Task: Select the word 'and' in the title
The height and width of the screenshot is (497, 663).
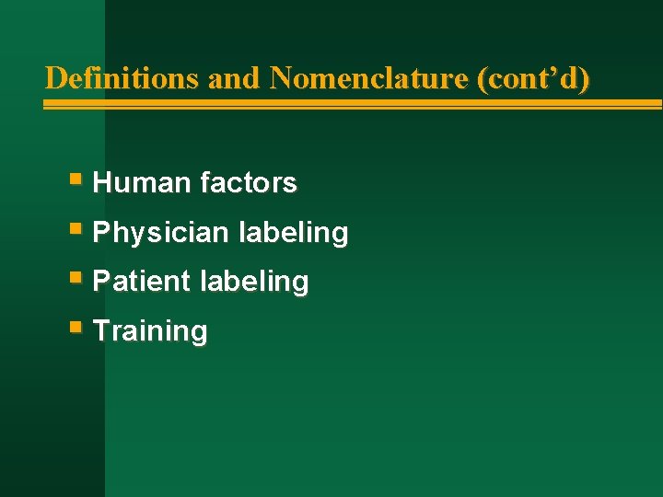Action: [x=235, y=79]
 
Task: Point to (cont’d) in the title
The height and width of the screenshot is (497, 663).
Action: [x=533, y=79]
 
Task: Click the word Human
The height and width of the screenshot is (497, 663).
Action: [x=141, y=183]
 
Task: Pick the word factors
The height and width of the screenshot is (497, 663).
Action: [x=248, y=183]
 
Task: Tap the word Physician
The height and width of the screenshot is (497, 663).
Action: [x=160, y=233]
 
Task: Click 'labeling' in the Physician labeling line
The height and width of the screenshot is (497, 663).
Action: [x=293, y=233]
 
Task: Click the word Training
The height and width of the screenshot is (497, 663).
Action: [x=150, y=331]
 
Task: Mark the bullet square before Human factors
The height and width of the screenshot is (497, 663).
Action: [x=76, y=179]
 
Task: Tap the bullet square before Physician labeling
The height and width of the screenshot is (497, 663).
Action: [x=76, y=227]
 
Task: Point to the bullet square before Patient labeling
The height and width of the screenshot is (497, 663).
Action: [x=76, y=276]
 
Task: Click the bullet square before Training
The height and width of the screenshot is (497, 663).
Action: [x=76, y=325]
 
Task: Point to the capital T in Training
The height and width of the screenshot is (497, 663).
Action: [x=101, y=330]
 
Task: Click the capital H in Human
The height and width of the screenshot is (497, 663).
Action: [x=102, y=183]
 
